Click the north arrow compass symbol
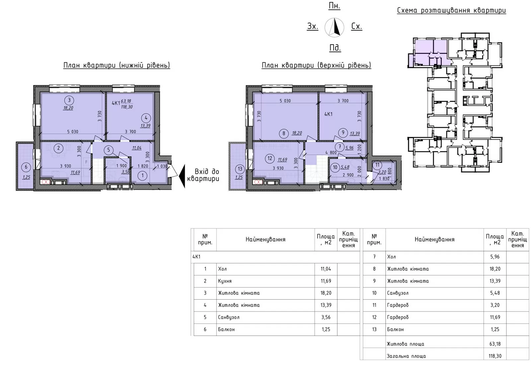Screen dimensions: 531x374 click(334, 28)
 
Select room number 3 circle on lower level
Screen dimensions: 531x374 click(69, 100)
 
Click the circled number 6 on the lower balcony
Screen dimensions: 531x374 click(26, 167)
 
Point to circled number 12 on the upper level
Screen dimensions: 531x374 click(270, 158)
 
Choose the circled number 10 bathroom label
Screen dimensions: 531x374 click(335, 167)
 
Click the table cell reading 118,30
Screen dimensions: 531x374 click(495, 356)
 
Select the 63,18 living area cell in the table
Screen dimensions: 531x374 click(495, 344)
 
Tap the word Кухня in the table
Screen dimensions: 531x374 click(225, 281)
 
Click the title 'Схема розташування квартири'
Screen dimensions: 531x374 click(451, 10)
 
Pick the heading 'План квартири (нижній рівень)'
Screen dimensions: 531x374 click(116, 65)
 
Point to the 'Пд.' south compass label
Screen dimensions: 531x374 click(335, 48)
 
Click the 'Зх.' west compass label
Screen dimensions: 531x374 click(312, 26)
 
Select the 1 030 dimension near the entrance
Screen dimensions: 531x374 click(162, 166)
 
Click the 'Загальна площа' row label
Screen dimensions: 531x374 click(406, 356)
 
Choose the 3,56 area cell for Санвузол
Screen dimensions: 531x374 click(326, 317)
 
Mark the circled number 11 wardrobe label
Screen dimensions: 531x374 click(377, 165)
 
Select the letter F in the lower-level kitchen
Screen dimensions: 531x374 click(87, 162)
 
